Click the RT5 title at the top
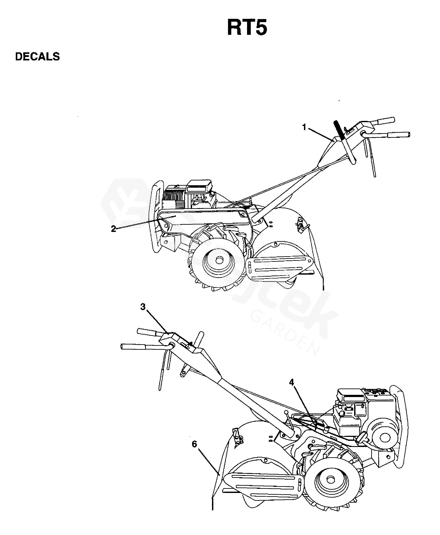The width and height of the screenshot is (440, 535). [247, 28]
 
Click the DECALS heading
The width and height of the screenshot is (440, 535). [37, 57]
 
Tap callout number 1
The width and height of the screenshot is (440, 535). [304, 127]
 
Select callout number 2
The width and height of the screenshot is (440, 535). [113, 229]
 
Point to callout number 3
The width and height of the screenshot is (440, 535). [143, 307]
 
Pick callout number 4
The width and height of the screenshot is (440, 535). [292, 382]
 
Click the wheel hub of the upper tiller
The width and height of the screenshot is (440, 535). [219, 260]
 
